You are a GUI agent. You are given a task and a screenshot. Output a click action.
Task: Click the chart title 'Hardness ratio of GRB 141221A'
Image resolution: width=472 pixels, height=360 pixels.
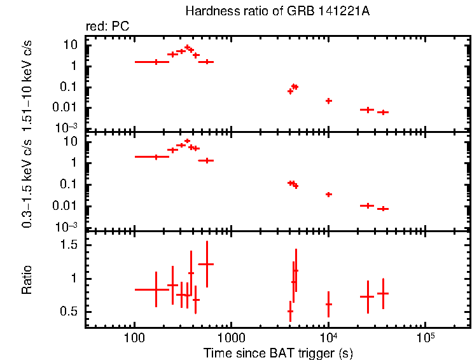coord(277,11)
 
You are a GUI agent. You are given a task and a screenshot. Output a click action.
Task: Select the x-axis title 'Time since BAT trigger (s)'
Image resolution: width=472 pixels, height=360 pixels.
coord(277,352)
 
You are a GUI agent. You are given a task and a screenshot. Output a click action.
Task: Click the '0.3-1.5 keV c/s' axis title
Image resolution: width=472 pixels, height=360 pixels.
coord(27,183)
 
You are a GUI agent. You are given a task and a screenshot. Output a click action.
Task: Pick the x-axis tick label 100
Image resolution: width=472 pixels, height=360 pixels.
coord(134,337)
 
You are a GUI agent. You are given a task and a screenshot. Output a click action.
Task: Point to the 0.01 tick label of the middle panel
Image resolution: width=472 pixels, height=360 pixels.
coord(67,205)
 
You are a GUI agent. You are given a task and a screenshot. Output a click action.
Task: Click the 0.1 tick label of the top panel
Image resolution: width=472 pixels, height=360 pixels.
coord(69,87)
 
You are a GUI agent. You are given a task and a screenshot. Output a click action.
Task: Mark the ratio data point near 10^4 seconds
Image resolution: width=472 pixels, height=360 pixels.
coord(328,304)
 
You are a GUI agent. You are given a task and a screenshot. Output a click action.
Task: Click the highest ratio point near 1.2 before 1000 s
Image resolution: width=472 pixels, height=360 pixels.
coord(206,264)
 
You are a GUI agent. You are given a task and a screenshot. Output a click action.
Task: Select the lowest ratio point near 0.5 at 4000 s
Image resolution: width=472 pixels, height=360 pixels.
coord(290,311)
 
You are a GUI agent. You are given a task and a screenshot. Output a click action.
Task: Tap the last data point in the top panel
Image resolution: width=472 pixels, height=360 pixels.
coord(383,112)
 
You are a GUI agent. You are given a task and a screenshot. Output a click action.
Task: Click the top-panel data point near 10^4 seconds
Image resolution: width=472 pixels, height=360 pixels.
coord(328,100)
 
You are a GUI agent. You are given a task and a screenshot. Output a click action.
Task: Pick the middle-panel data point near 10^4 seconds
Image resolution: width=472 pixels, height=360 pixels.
coord(328,194)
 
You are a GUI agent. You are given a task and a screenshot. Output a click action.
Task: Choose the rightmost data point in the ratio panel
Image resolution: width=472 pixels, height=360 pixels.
coord(383,293)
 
